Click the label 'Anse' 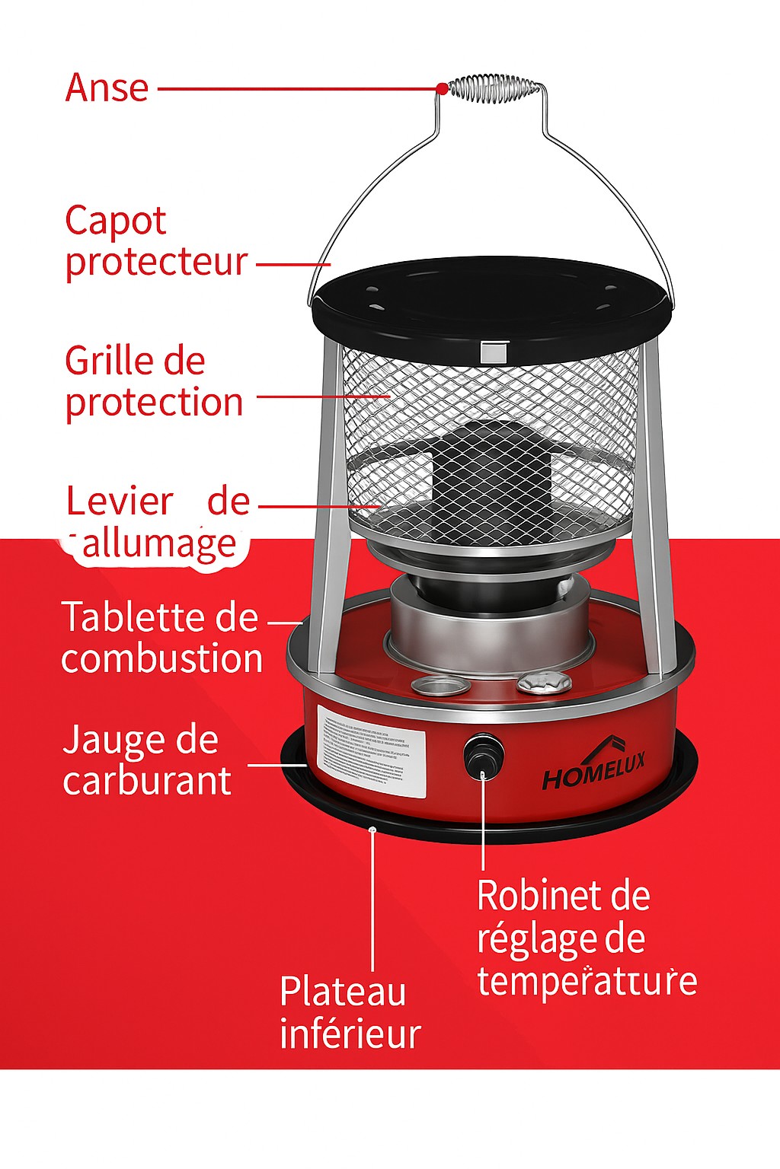coord(107,88)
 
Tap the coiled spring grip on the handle coord(495,88)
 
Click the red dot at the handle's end coord(442,89)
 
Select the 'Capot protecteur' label coord(155,241)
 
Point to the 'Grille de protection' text coord(153,381)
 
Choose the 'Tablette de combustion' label coord(161,638)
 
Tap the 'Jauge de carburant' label coord(146,760)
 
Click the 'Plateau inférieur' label coord(350,1012)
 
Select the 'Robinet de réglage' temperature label coord(585,938)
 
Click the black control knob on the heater coord(483,753)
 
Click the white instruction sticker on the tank coord(371,751)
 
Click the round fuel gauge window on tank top coord(441,686)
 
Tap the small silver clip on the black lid coord(493,352)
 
